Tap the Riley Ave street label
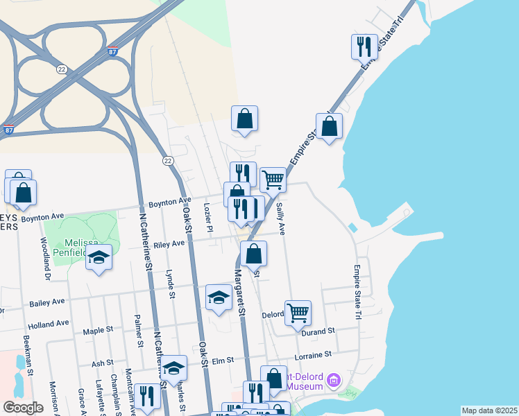click(x=169, y=243)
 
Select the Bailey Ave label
click(x=46, y=302)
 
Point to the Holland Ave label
click(x=48, y=324)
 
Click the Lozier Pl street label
click(x=207, y=217)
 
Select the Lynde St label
click(x=171, y=285)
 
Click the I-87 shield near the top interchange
click(x=113, y=51)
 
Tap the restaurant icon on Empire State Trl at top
click(x=364, y=47)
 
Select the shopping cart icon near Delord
click(x=298, y=312)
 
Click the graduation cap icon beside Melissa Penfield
click(x=99, y=259)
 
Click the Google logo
click(x=23, y=408)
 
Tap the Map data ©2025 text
click(x=489, y=410)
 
